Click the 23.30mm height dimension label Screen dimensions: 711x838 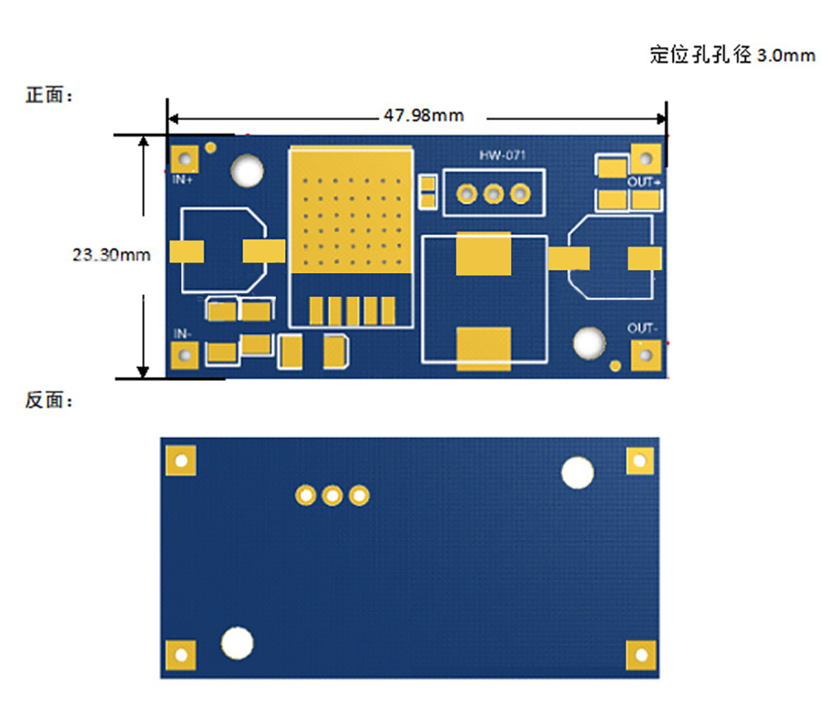[111, 255]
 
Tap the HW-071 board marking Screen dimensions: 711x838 [503, 156]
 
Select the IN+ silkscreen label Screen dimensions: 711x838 [183, 179]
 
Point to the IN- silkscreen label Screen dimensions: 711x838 [183, 334]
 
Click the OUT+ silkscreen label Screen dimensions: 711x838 [644, 182]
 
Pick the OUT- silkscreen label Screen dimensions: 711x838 [643, 328]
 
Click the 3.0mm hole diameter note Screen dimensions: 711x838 [732, 56]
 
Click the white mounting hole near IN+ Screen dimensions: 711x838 [247, 170]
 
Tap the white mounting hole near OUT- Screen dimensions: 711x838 [589, 343]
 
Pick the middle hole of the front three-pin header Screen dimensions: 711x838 [494, 194]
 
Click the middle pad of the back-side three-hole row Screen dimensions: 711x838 [332, 495]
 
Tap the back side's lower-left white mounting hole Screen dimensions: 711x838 [238, 643]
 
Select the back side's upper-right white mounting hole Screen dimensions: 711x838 [577, 472]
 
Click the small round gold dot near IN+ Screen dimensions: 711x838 [211, 147]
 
